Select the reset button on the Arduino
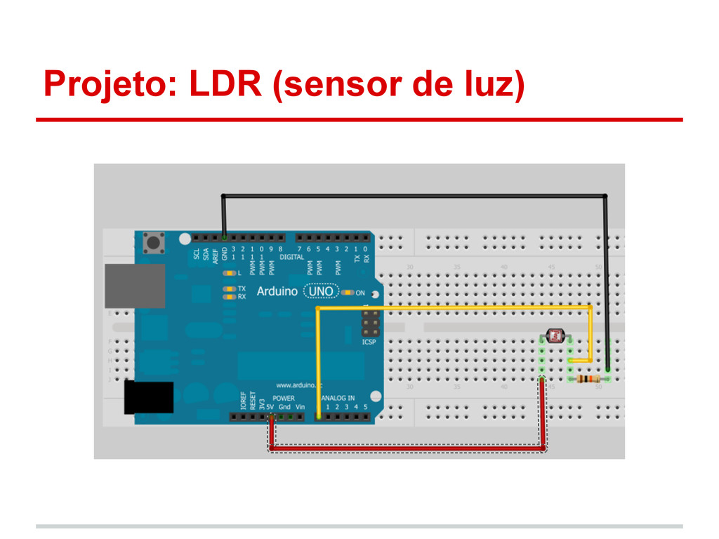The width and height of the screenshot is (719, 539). (x=152, y=244)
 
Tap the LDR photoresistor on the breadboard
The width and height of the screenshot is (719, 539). (x=555, y=337)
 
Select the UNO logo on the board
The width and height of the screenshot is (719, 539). (x=322, y=291)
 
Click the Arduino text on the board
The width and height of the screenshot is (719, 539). (x=277, y=291)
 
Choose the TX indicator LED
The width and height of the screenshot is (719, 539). (x=228, y=289)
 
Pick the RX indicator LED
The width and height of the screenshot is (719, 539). (x=228, y=297)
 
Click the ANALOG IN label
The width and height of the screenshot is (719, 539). (x=338, y=398)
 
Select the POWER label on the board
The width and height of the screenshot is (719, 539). (x=284, y=398)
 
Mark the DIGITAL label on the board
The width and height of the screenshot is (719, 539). (x=291, y=258)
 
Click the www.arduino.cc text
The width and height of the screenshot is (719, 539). (x=298, y=385)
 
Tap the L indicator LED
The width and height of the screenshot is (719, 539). (x=228, y=273)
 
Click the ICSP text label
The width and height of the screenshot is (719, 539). (x=369, y=342)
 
